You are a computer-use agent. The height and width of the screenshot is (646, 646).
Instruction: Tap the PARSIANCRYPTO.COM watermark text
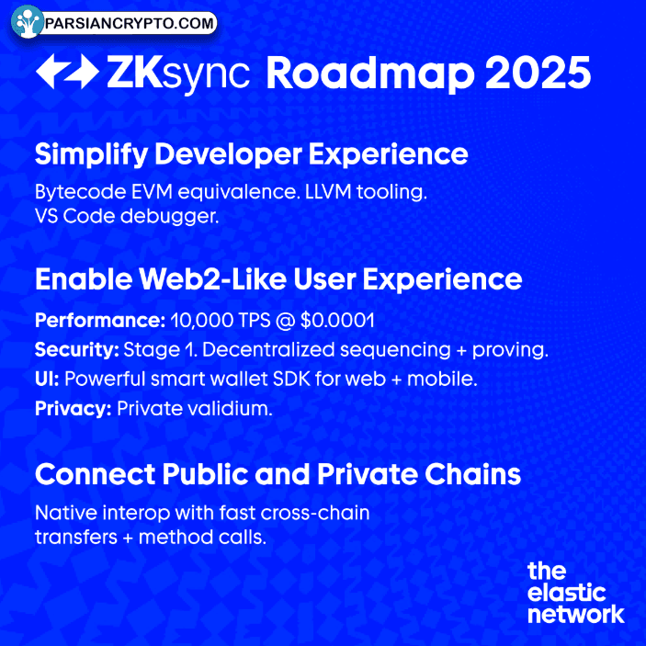[131, 23]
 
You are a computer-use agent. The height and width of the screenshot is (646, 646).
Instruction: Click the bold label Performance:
[98, 322]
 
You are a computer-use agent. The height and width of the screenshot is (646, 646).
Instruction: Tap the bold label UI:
[47, 379]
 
